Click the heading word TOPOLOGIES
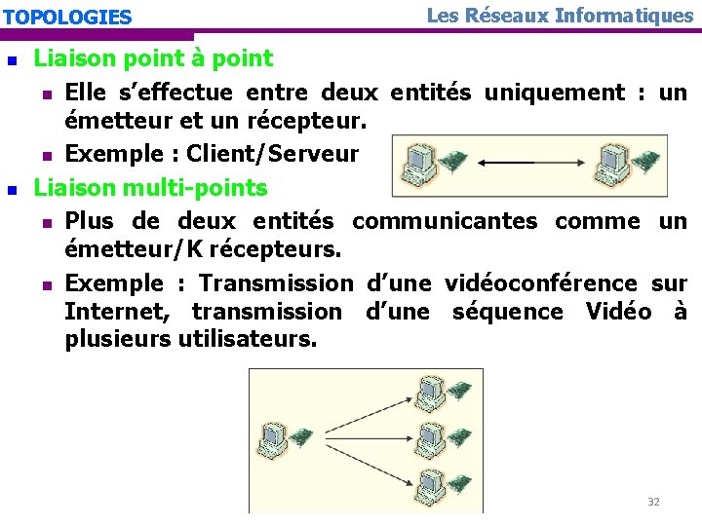[x=67, y=17]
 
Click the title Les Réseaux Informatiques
[x=560, y=15]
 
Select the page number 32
[x=653, y=502]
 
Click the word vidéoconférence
[x=541, y=283]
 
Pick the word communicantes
[x=444, y=221]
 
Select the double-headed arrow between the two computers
[x=521, y=162]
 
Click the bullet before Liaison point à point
[x=12, y=59]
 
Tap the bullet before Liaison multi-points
[x=12, y=188]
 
